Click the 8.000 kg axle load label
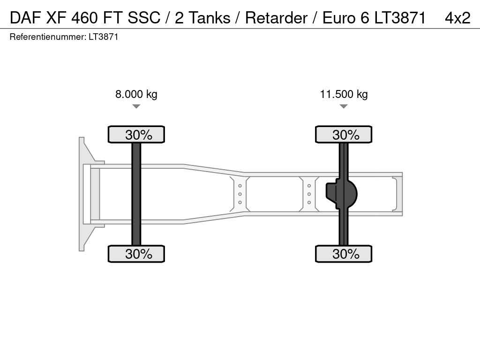[x=136, y=94]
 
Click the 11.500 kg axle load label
[x=344, y=94]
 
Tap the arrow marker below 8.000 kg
[x=136, y=106]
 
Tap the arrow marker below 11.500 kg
[x=344, y=106]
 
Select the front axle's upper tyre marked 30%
[x=136, y=135]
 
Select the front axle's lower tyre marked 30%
[x=136, y=254]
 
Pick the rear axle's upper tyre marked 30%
[x=344, y=135]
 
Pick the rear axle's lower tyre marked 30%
[x=344, y=254]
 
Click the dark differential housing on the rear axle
[x=341, y=194]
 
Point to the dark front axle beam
[x=136, y=194]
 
